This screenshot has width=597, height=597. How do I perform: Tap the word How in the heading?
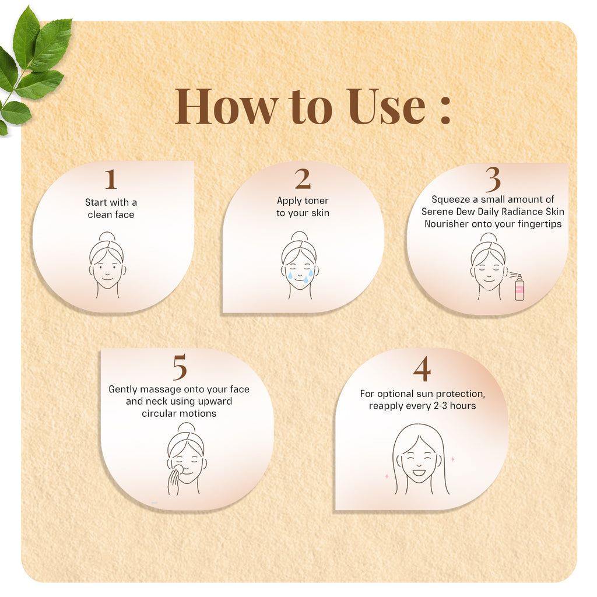pyautogui.click(x=226, y=106)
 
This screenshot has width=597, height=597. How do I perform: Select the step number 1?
pyautogui.click(x=111, y=179)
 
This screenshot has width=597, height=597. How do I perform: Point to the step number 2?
pyautogui.click(x=303, y=178)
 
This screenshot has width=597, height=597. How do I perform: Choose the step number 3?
pyautogui.click(x=493, y=180)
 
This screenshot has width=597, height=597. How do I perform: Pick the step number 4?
pyautogui.click(x=422, y=369)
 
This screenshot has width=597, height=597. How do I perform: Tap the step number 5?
pyautogui.click(x=180, y=367)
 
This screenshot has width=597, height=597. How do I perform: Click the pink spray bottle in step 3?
pyautogui.click(x=519, y=287)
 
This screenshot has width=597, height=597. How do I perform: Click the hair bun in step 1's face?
pyautogui.click(x=107, y=237)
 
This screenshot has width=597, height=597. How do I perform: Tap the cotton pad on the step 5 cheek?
pyautogui.click(x=178, y=469)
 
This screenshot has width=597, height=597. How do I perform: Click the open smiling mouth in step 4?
pyautogui.click(x=419, y=473)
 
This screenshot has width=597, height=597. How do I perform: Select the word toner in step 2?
pyautogui.click(x=316, y=201)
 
